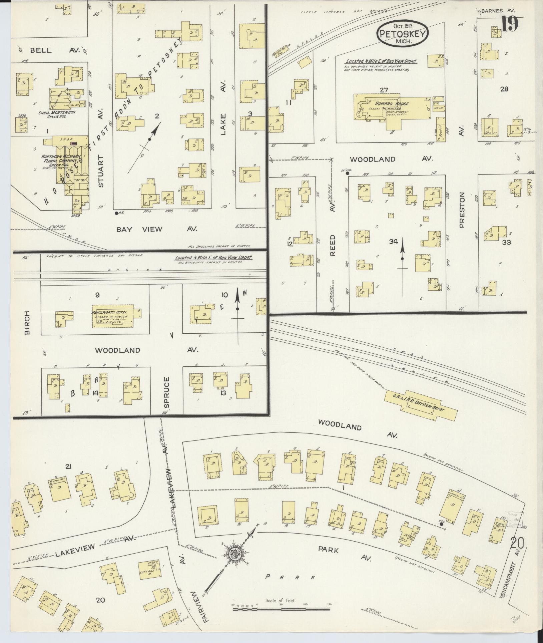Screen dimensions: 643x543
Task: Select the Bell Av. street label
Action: coord(54,50)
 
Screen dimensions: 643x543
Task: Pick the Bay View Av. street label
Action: coord(157,229)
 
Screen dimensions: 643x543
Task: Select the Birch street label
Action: coord(27,323)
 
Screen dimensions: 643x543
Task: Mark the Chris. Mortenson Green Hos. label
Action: coord(59,114)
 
